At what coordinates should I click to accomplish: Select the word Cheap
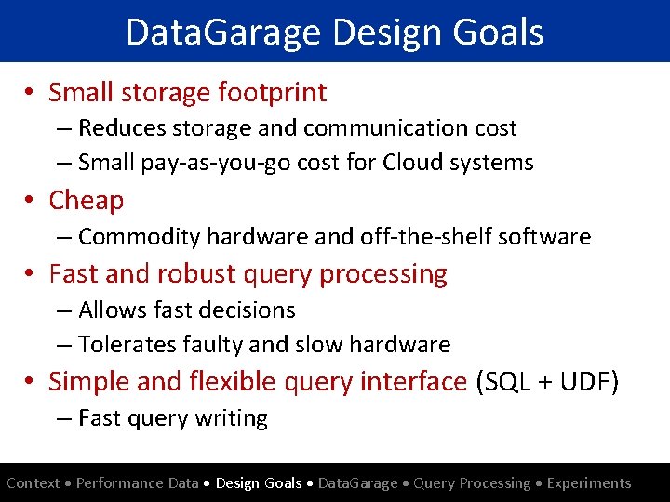click(x=86, y=200)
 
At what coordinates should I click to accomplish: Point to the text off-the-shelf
click(x=419, y=237)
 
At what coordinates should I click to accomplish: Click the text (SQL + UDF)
click(x=546, y=381)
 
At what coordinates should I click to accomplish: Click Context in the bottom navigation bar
click(x=33, y=483)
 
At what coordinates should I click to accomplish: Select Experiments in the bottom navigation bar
click(x=589, y=483)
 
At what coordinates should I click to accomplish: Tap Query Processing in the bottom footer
click(x=472, y=483)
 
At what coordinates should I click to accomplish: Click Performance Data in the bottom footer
click(x=138, y=483)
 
